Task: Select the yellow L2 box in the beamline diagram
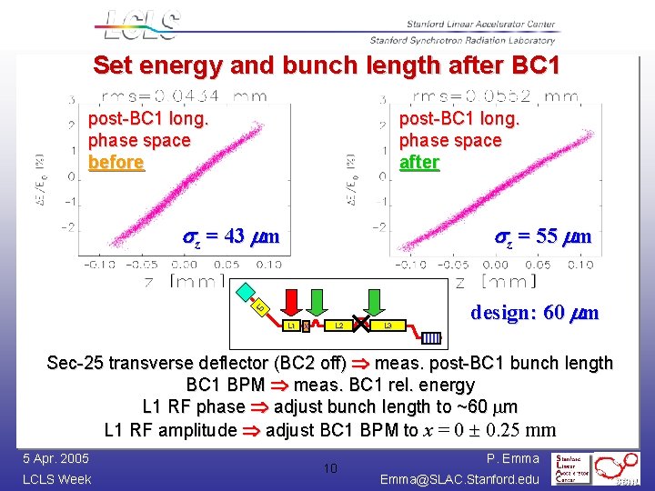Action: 338,324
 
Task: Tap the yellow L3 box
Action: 388,324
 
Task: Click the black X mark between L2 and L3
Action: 362,324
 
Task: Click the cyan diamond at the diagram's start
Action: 247,292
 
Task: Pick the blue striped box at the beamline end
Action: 431,338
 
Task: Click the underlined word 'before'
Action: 116,163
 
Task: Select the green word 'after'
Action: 419,163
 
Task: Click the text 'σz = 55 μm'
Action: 543,237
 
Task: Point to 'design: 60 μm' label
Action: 534,313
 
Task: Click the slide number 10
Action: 332,467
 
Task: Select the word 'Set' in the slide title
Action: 114,66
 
